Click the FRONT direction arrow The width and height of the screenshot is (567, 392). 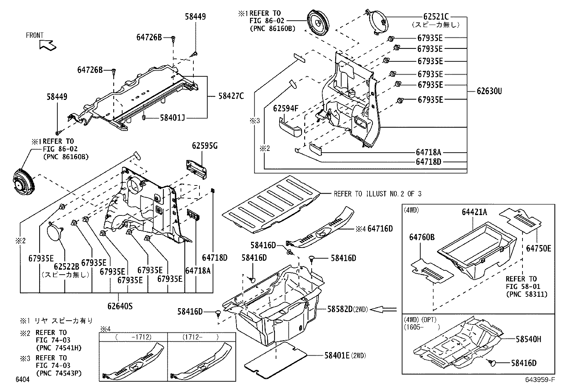48,45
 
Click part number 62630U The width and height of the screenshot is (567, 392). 489,91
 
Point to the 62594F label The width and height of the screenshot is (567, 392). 286,108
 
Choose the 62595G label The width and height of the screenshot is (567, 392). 204,146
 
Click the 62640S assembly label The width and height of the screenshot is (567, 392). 120,306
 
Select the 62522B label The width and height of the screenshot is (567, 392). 66,266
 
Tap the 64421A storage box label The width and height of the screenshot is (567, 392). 474,212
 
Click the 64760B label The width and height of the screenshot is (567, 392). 421,237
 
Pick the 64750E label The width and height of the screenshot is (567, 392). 538,249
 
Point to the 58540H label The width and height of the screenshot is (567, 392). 528,339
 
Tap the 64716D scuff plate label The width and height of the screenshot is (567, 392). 380,229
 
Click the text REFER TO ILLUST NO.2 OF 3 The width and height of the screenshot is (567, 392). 377,194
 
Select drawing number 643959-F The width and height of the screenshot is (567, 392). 540,380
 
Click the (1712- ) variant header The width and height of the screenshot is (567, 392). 201,337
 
